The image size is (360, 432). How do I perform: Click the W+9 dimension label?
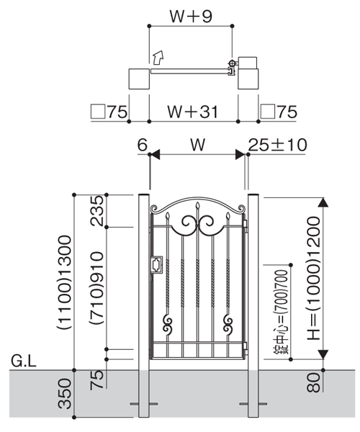click(191, 17)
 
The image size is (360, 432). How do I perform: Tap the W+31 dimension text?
click(193, 112)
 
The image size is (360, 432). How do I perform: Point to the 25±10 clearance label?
click(277, 145)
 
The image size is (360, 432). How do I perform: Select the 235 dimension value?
click(97, 211)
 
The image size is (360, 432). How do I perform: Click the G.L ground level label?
click(24, 361)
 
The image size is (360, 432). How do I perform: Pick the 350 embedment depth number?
click(65, 393)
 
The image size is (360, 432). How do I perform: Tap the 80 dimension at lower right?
click(314, 382)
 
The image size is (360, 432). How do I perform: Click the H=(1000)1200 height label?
click(314, 278)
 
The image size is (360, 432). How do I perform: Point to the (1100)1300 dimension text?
click(65, 282)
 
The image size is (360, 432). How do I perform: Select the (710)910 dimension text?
click(97, 288)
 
